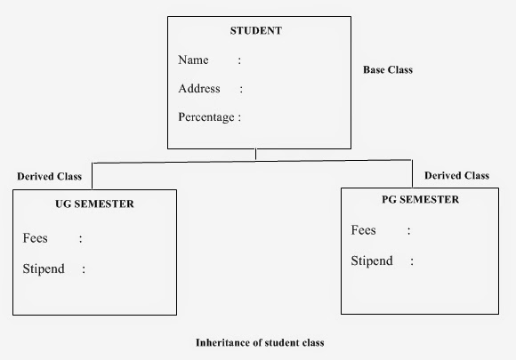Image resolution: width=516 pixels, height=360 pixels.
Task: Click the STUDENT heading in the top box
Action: tap(255, 30)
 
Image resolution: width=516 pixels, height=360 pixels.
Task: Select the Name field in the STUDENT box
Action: tap(193, 60)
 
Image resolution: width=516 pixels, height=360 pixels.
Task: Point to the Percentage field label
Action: tap(206, 117)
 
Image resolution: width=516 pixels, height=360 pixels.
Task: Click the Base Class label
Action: tap(388, 69)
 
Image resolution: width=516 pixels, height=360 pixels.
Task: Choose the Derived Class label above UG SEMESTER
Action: tap(49, 176)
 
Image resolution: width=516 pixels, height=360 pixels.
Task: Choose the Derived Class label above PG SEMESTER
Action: tap(456, 175)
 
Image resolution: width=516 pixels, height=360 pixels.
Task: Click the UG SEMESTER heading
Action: tap(88, 204)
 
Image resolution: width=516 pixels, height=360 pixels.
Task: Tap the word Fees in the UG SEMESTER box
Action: tap(36, 238)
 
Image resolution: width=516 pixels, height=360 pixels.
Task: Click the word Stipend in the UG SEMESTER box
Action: tap(44, 268)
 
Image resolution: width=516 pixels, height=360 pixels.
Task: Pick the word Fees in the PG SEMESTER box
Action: tap(364, 230)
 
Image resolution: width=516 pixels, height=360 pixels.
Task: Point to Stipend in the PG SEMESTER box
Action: tap(372, 260)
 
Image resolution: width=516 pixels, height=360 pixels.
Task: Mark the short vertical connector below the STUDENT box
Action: tap(256, 155)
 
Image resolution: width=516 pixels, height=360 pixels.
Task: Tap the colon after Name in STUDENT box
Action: tap(239, 60)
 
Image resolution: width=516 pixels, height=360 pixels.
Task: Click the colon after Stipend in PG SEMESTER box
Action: tap(412, 261)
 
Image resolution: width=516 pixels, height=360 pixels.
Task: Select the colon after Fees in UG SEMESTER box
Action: tap(80, 239)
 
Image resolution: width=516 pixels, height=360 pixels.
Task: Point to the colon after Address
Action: tap(240, 89)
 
